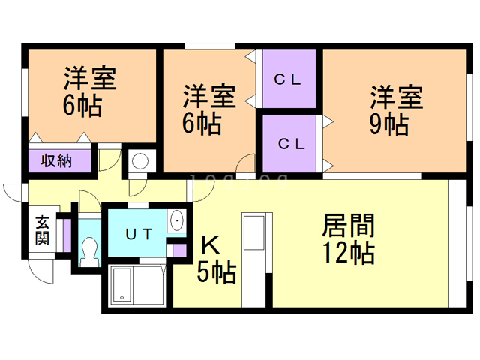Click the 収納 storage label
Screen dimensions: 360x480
pyautogui.click(x=56, y=160)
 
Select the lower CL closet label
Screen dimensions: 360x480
pyautogui.click(x=292, y=142)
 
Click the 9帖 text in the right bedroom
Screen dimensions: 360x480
pyautogui.click(x=388, y=124)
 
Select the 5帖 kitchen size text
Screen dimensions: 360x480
pyautogui.click(x=217, y=271)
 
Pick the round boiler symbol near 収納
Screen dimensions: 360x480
pyautogui.click(x=139, y=161)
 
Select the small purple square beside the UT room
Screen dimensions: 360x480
pyautogui.click(x=178, y=250)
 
